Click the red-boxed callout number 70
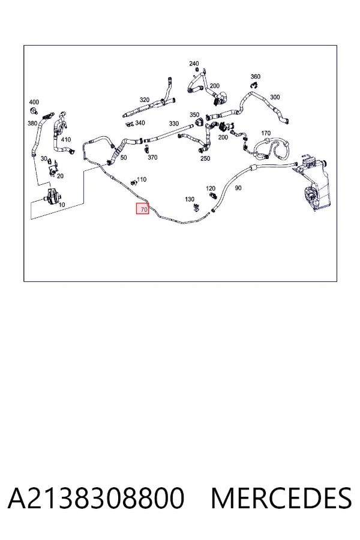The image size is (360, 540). (144, 209)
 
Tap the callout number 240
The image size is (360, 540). (194, 64)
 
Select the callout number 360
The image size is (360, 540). (255, 76)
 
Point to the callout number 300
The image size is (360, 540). (275, 97)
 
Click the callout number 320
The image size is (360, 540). (145, 100)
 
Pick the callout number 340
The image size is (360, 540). (140, 123)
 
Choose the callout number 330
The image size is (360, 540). (173, 124)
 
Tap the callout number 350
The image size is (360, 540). (194, 115)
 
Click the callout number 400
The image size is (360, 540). (34, 102)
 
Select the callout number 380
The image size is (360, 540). (32, 123)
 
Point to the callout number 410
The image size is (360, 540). (66, 139)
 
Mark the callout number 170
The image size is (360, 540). (266, 133)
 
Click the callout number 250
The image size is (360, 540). (205, 158)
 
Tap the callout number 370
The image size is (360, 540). (152, 157)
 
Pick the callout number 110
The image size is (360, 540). (142, 179)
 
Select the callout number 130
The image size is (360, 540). (190, 199)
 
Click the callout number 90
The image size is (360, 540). (238, 188)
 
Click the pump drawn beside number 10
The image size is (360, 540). (52, 197)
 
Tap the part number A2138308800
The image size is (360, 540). (96, 497)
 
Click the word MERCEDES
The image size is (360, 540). (281, 497)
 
